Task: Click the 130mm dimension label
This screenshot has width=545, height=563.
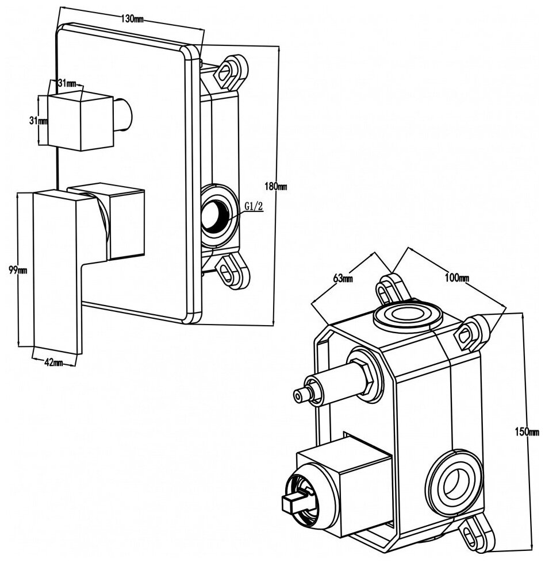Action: click(132, 19)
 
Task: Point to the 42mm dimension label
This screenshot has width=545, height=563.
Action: click(53, 362)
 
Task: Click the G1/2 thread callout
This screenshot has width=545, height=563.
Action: click(254, 206)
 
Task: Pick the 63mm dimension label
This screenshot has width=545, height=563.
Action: click(343, 279)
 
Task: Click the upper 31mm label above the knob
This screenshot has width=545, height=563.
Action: click(67, 83)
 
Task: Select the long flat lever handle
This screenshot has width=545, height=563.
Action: click(55, 270)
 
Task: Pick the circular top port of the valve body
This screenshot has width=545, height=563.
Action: click(407, 315)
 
